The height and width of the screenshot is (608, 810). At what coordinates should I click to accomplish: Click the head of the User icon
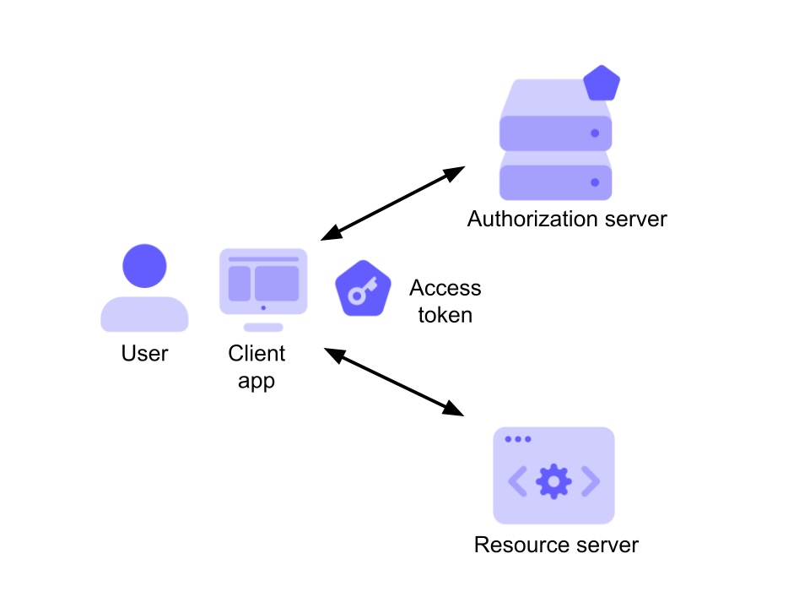[144, 266]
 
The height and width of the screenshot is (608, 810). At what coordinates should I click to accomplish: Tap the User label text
[144, 354]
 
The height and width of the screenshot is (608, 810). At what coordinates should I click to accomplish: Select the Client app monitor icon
[263, 290]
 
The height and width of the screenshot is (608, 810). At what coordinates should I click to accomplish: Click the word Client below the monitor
[256, 354]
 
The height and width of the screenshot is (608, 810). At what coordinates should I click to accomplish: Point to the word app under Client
[256, 382]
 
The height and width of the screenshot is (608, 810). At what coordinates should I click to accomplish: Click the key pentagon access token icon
[363, 289]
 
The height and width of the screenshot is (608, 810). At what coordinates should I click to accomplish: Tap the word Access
[445, 288]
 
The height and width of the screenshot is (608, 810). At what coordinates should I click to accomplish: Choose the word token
[445, 315]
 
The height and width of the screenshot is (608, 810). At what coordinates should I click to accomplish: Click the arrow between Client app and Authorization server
[393, 204]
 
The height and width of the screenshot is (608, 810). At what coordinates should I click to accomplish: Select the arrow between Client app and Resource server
[394, 382]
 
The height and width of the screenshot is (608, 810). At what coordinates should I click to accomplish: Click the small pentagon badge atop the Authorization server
[602, 83]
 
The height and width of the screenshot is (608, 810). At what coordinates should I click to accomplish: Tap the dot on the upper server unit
[595, 133]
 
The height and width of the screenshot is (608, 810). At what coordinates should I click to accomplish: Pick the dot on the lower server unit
[595, 182]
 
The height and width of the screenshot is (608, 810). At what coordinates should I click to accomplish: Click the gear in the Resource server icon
[553, 481]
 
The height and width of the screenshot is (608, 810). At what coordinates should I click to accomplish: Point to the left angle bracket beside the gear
[517, 481]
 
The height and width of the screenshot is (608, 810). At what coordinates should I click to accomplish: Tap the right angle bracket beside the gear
[591, 481]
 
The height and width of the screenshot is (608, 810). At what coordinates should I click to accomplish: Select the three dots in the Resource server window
[518, 439]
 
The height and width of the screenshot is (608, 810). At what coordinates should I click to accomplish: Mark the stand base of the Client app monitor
[263, 328]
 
